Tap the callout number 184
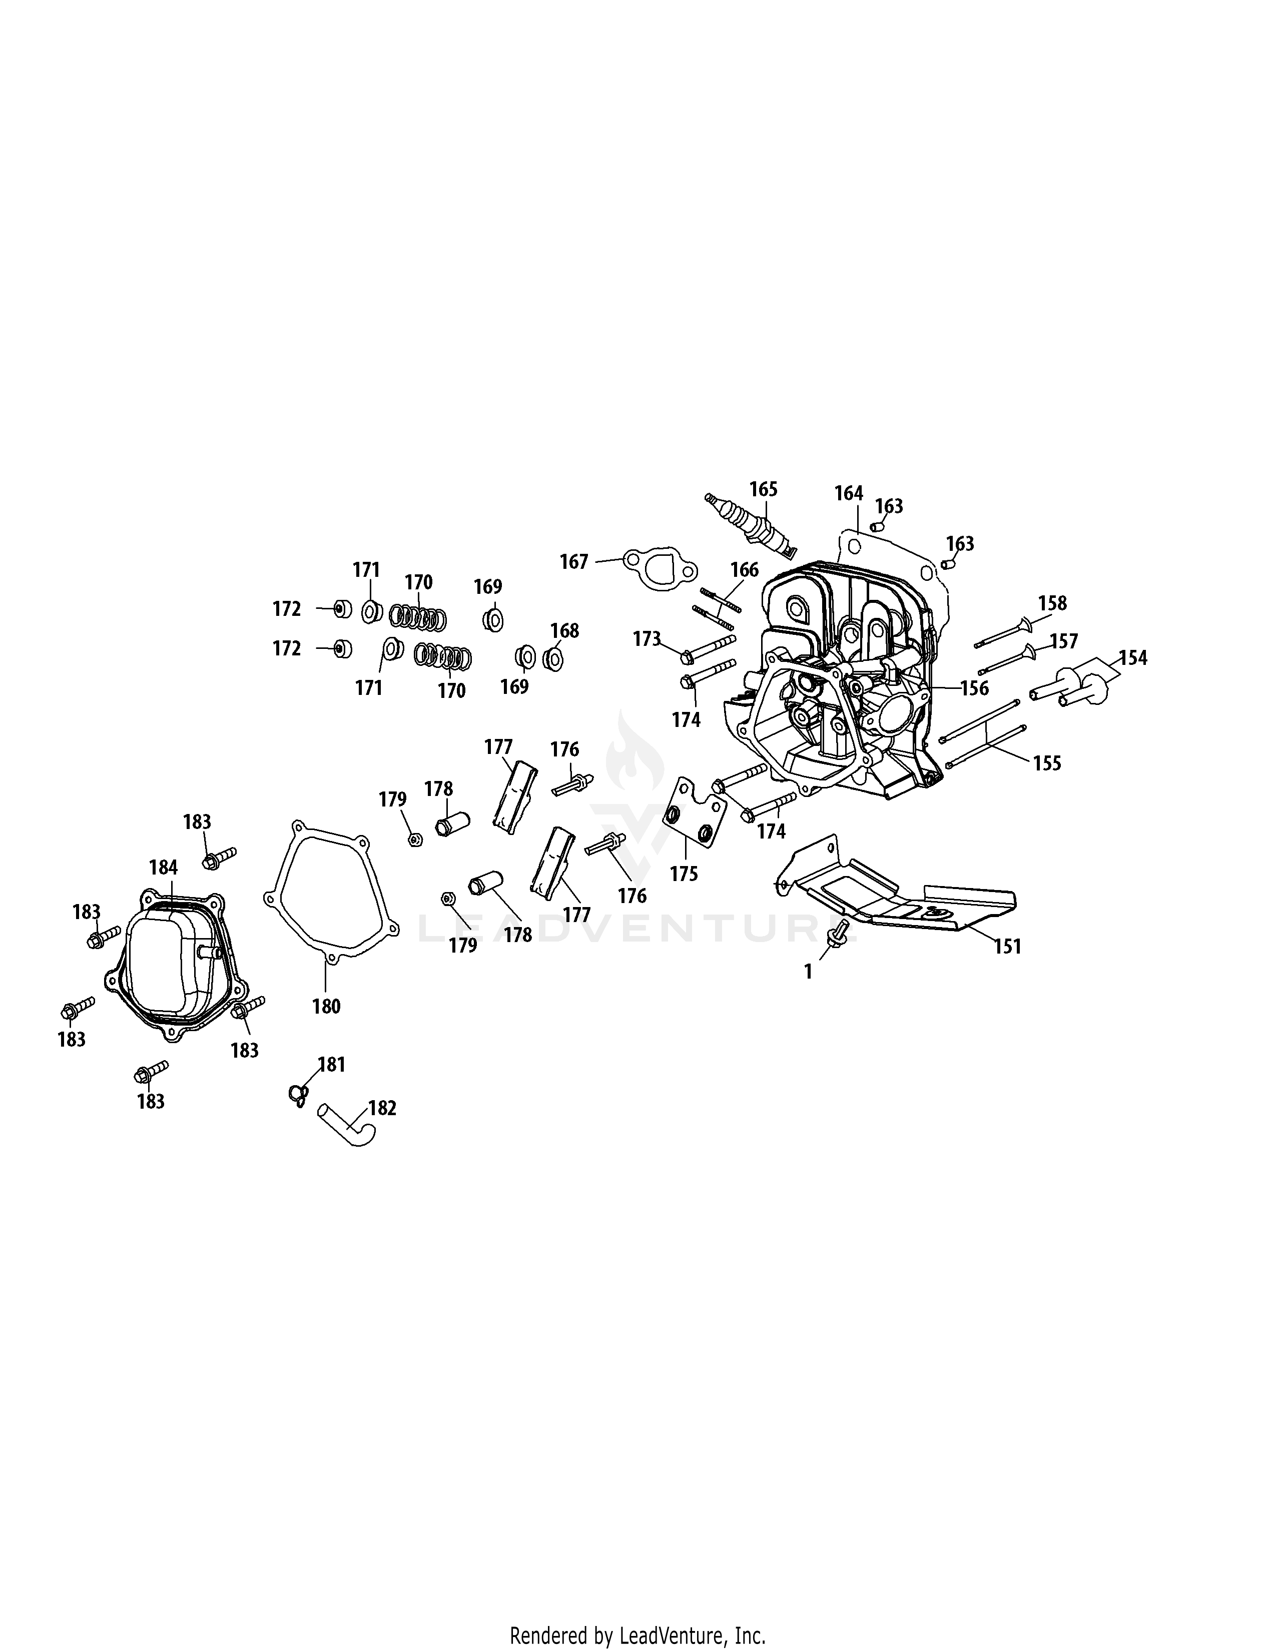tap(163, 867)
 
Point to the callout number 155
tap(1047, 763)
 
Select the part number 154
tap(1132, 658)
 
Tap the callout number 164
tap(848, 494)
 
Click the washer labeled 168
tap(552, 658)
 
